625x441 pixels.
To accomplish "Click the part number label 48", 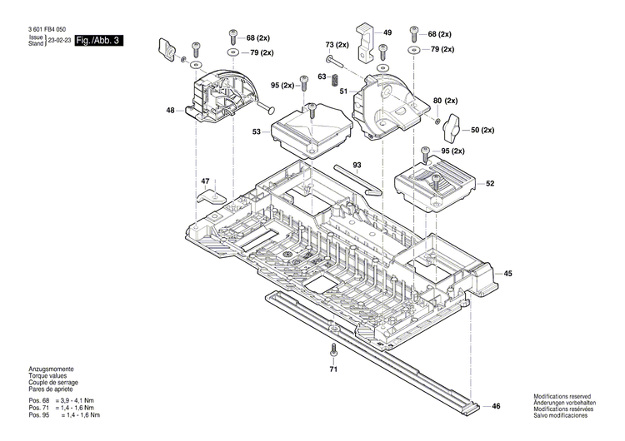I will pos(170,110).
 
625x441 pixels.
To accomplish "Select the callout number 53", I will pos(257,131).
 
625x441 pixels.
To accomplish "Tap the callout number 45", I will pos(508,273).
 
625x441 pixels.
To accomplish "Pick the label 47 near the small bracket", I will pos(205,181).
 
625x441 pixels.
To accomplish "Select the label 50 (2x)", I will pos(482,131).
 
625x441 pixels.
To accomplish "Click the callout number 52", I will pos(490,183).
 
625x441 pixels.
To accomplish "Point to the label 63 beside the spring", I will pos(322,77).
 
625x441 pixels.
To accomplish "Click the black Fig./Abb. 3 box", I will pos(98,40).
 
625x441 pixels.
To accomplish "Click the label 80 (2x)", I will pos(446,101).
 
